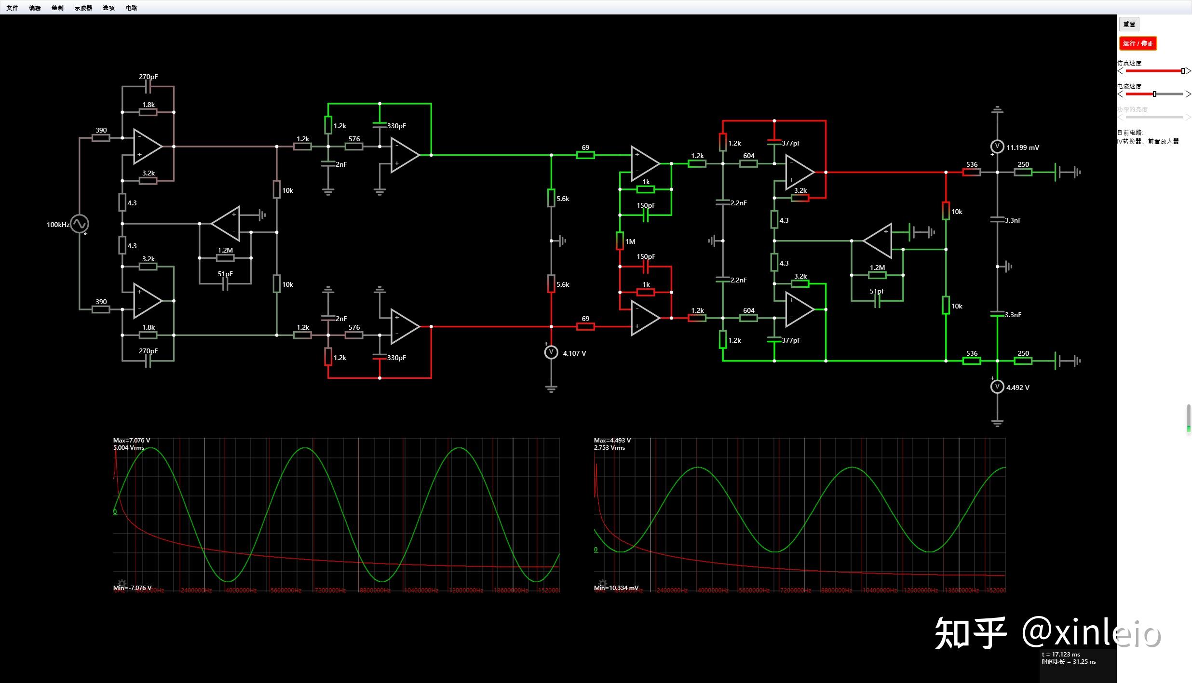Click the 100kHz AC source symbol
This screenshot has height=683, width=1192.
pos(80,224)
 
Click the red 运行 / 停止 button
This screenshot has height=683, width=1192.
pos(1138,43)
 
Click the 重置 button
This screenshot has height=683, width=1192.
pos(1129,24)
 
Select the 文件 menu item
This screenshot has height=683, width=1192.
pos(12,8)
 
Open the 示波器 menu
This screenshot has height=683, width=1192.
pos(83,8)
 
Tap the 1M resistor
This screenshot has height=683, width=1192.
pos(620,241)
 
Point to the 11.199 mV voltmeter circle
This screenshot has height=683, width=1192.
pos(997,146)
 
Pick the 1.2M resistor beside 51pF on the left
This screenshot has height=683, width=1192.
pos(225,258)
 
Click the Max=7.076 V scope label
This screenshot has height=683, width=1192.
pos(132,440)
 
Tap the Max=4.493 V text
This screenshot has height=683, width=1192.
pos(612,440)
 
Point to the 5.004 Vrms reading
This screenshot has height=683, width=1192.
pos(129,447)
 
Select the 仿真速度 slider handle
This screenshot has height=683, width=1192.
pos(1183,71)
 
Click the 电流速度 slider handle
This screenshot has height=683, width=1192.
pos(1154,94)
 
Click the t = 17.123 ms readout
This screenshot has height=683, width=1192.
pos(1061,654)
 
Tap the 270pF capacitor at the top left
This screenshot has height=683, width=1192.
pos(148,87)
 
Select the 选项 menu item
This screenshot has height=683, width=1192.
pos(108,8)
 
